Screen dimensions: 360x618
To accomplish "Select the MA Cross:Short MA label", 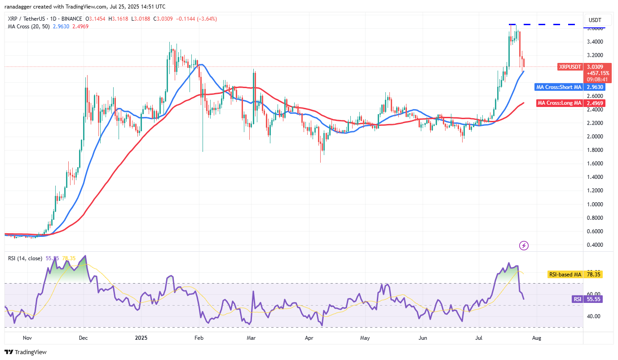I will pyautogui.click(x=559, y=87).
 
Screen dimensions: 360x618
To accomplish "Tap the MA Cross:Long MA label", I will pyautogui.click(x=560, y=103).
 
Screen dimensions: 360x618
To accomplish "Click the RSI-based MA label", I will pyautogui.click(x=565, y=274).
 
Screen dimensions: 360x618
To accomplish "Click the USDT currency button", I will pyautogui.click(x=595, y=20).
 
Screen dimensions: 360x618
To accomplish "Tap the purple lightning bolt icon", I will pyautogui.click(x=524, y=245).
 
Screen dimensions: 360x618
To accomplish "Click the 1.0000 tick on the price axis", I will pyautogui.click(x=595, y=204).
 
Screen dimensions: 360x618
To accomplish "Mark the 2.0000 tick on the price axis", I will pyautogui.click(x=595, y=136).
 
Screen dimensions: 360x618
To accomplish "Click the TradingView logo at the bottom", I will pyautogui.click(x=26, y=352).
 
